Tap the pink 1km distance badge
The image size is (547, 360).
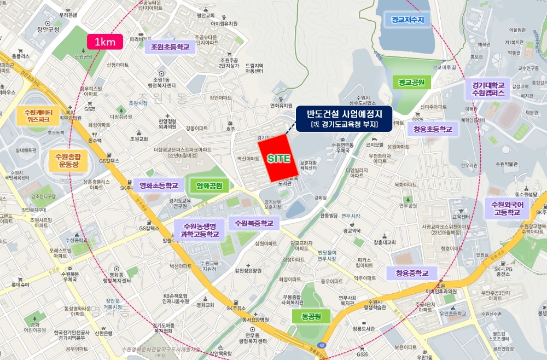(104, 42)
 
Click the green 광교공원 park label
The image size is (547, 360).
(411, 83)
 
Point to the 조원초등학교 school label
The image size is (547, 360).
(170, 48)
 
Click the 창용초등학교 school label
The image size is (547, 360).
(430, 129)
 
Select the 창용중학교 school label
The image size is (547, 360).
(412, 272)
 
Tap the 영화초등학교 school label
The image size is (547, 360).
(159, 185)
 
